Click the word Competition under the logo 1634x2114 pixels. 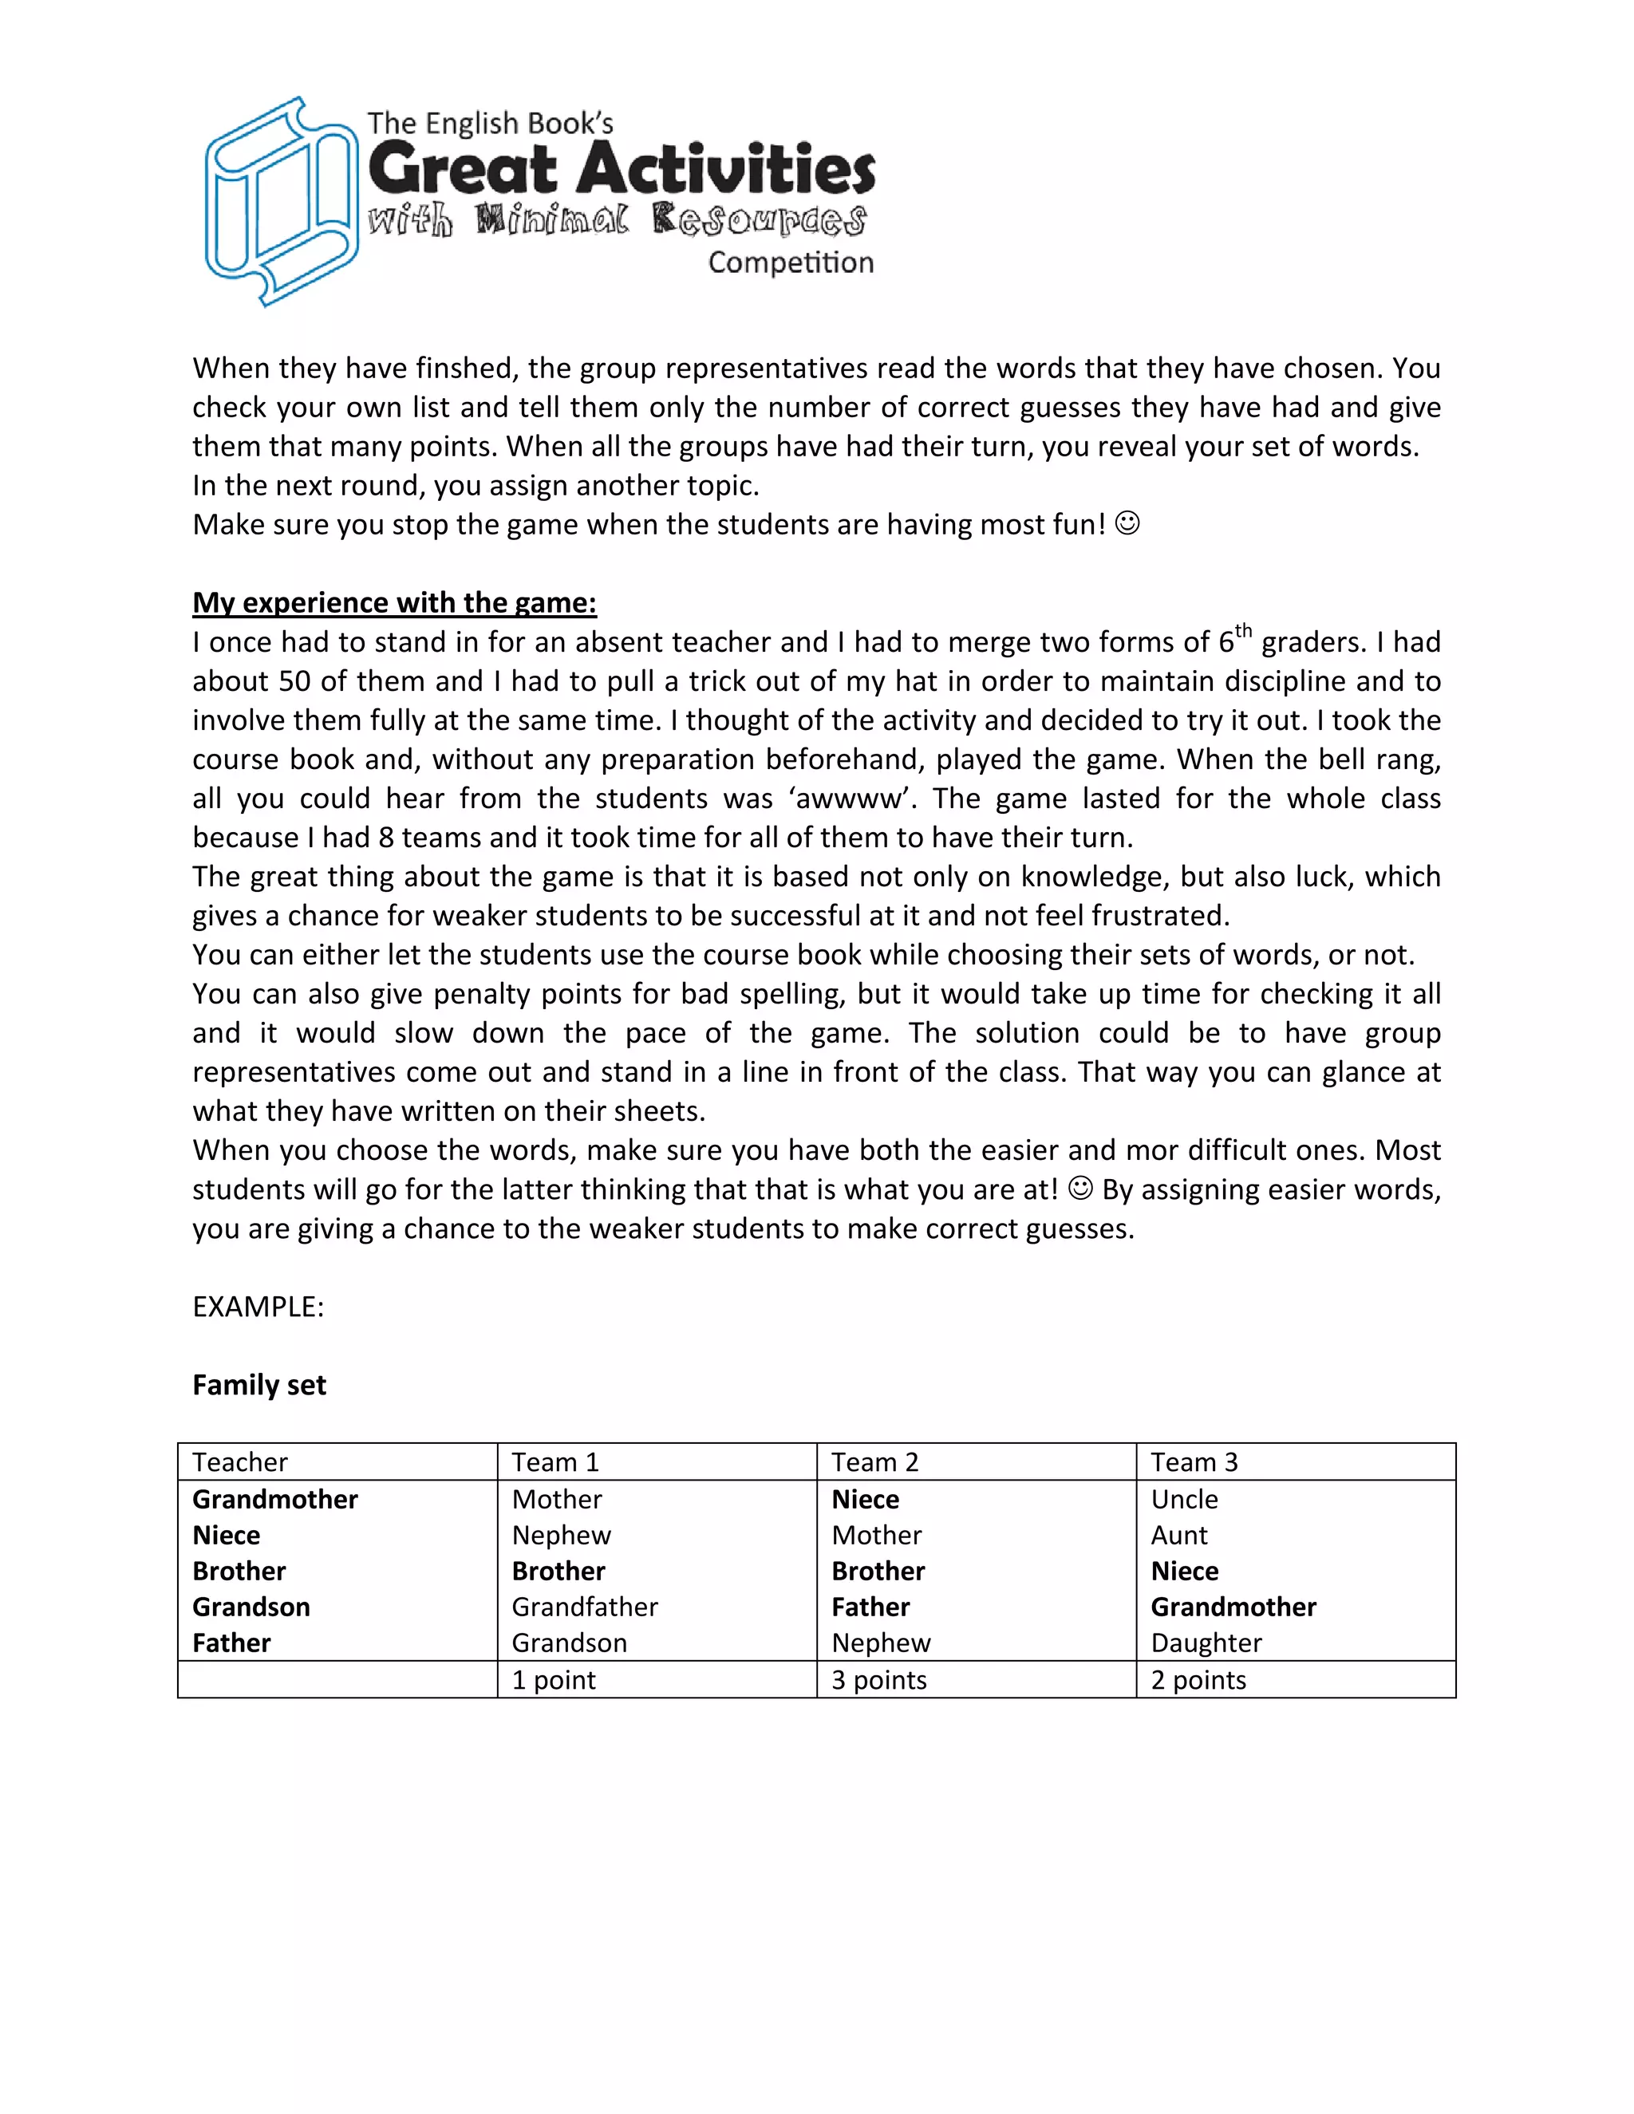click(790, 262)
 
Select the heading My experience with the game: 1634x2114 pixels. click(394, 602)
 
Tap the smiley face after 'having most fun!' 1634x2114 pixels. click(1127, 523)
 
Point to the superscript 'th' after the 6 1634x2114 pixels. click(1243, 631)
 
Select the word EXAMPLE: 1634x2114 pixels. click(258, 1307)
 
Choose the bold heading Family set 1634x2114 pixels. click(259, 1384)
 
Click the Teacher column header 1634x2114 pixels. click(240, 1461)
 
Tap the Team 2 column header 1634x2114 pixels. click(874, 1461)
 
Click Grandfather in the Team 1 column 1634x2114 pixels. click(585, 1607)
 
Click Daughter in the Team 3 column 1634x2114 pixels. click(1206, 1643)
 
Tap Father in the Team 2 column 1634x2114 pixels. click(870, 1607)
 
